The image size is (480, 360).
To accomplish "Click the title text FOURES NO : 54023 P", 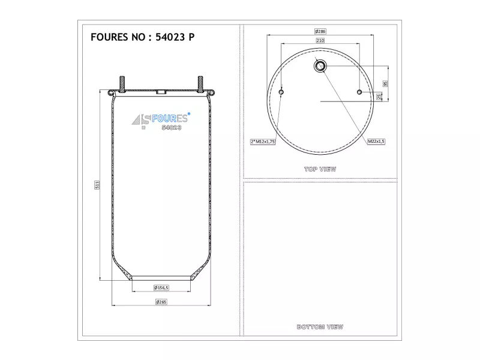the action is [142, 37].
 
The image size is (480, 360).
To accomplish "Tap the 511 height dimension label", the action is [97, 185].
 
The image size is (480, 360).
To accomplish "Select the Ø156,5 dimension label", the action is [161, 288].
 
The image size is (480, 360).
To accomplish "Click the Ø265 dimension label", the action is [161, 302].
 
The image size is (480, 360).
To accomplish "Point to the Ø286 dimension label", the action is [320, 31].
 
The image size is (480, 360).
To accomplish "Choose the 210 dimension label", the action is [320, 40].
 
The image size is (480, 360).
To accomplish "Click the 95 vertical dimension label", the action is [385, 83].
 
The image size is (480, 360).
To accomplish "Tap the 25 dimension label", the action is [379, 97].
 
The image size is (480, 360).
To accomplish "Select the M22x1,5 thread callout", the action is [376, 142].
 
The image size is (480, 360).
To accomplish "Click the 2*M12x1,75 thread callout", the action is [263, 142].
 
